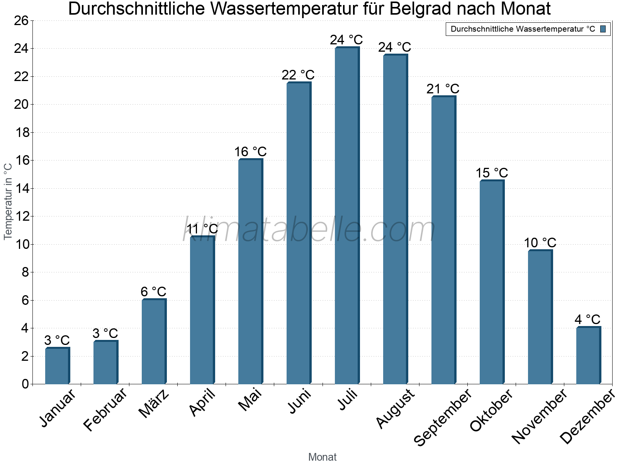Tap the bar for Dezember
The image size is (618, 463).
point(588,355)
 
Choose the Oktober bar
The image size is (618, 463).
point(492,282)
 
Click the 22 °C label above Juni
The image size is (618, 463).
point(298,75)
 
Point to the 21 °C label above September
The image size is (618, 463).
point(443,89)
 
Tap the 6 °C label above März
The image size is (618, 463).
point(153,292)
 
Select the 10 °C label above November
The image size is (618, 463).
point(540,243)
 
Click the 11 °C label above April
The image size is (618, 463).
point(202,229)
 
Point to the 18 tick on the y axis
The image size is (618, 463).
point(22,133)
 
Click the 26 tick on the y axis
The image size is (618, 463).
point(22,21)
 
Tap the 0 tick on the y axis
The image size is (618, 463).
point(25,384)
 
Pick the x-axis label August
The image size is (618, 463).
point(395,409)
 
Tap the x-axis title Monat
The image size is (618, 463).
point(323,457)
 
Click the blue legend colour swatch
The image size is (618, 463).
point(603,29)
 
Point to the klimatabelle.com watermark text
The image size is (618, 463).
point(309,230)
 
